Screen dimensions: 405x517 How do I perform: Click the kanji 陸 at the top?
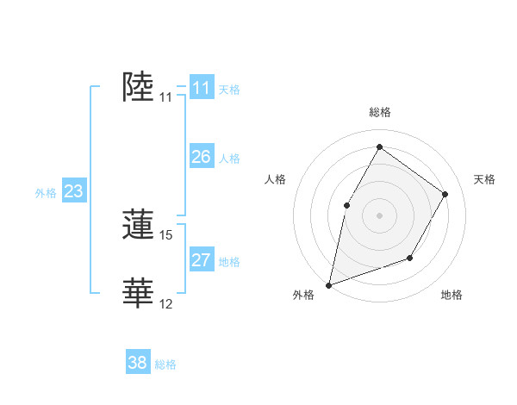pyautogui.click(x=140, y=87)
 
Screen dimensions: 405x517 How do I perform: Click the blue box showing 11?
pyautogui.click(x=202, y=88)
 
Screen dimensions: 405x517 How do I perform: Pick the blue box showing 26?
pyautogui.click(x=202, y=157)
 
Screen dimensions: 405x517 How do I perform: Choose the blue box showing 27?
pyautogui.click(x=202, y=260)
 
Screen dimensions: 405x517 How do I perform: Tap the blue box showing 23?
pyautogui.click(x=73, y=191)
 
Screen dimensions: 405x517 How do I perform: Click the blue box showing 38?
pyautogui.click(x=138, y=363)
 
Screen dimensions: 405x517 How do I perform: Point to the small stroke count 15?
pyautogui.click(x=166, y=235)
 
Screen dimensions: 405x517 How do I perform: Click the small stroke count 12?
pyautogui.click(x=166, y=304)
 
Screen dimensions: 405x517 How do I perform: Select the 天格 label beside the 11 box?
pyautogui.click(x=229, y=89)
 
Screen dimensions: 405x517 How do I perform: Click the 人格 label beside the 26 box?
pyautogui.click(x=229, y=159)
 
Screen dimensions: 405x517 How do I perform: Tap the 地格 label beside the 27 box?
pyautogui.click(x=229, y=262)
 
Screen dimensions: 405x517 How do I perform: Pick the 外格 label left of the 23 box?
pyautogui.click(x=46, y=193)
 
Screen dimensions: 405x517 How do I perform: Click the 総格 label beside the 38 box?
pyautogui.click(x=165, y=364)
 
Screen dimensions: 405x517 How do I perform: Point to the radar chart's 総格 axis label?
pyautogui.click(x=379, y=112)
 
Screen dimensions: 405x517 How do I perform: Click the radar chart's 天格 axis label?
pyautogui.click(x=484, y=179)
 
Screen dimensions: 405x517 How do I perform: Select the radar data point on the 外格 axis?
pyautogui.click(x=328, y=285)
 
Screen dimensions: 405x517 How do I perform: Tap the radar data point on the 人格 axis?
pyautogui.click(x=347, y=205)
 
